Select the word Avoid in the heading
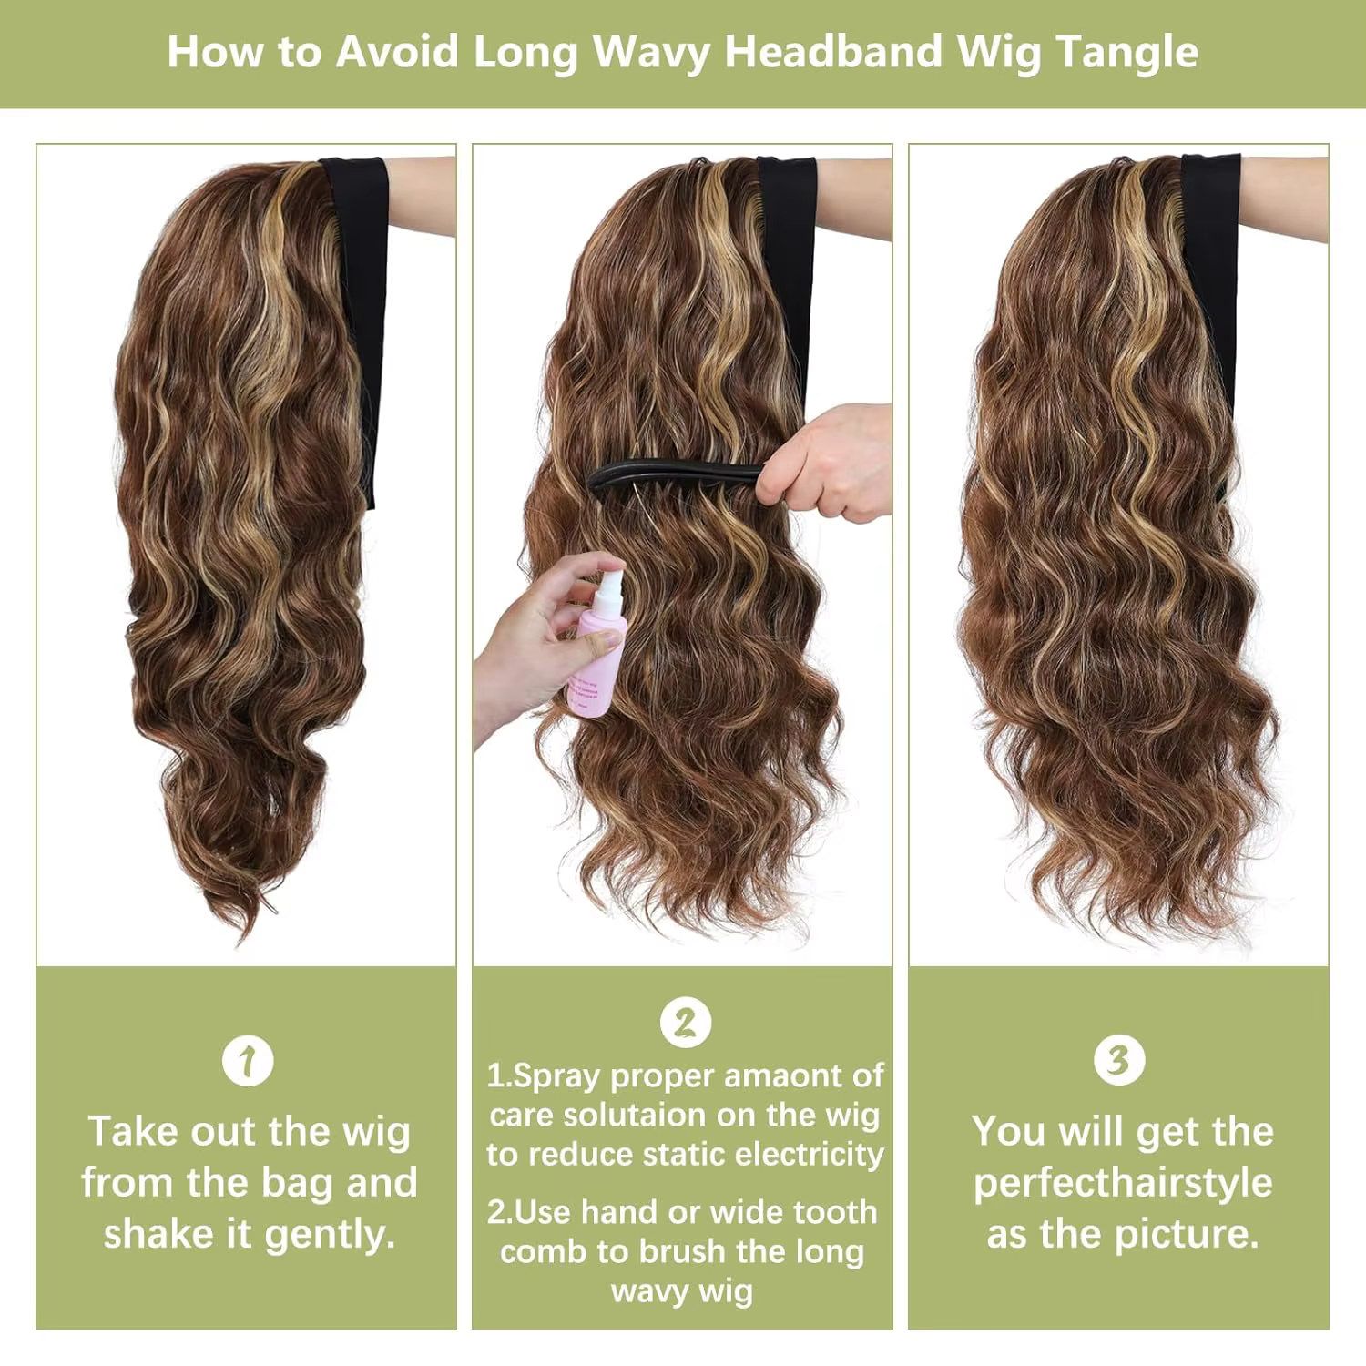(x=397, y=51)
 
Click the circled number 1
(x=248, y=1060)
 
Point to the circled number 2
(x=685, y=1022)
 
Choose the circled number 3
(x=1118, y=1059)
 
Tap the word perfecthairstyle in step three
(x=1122, y=1183)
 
